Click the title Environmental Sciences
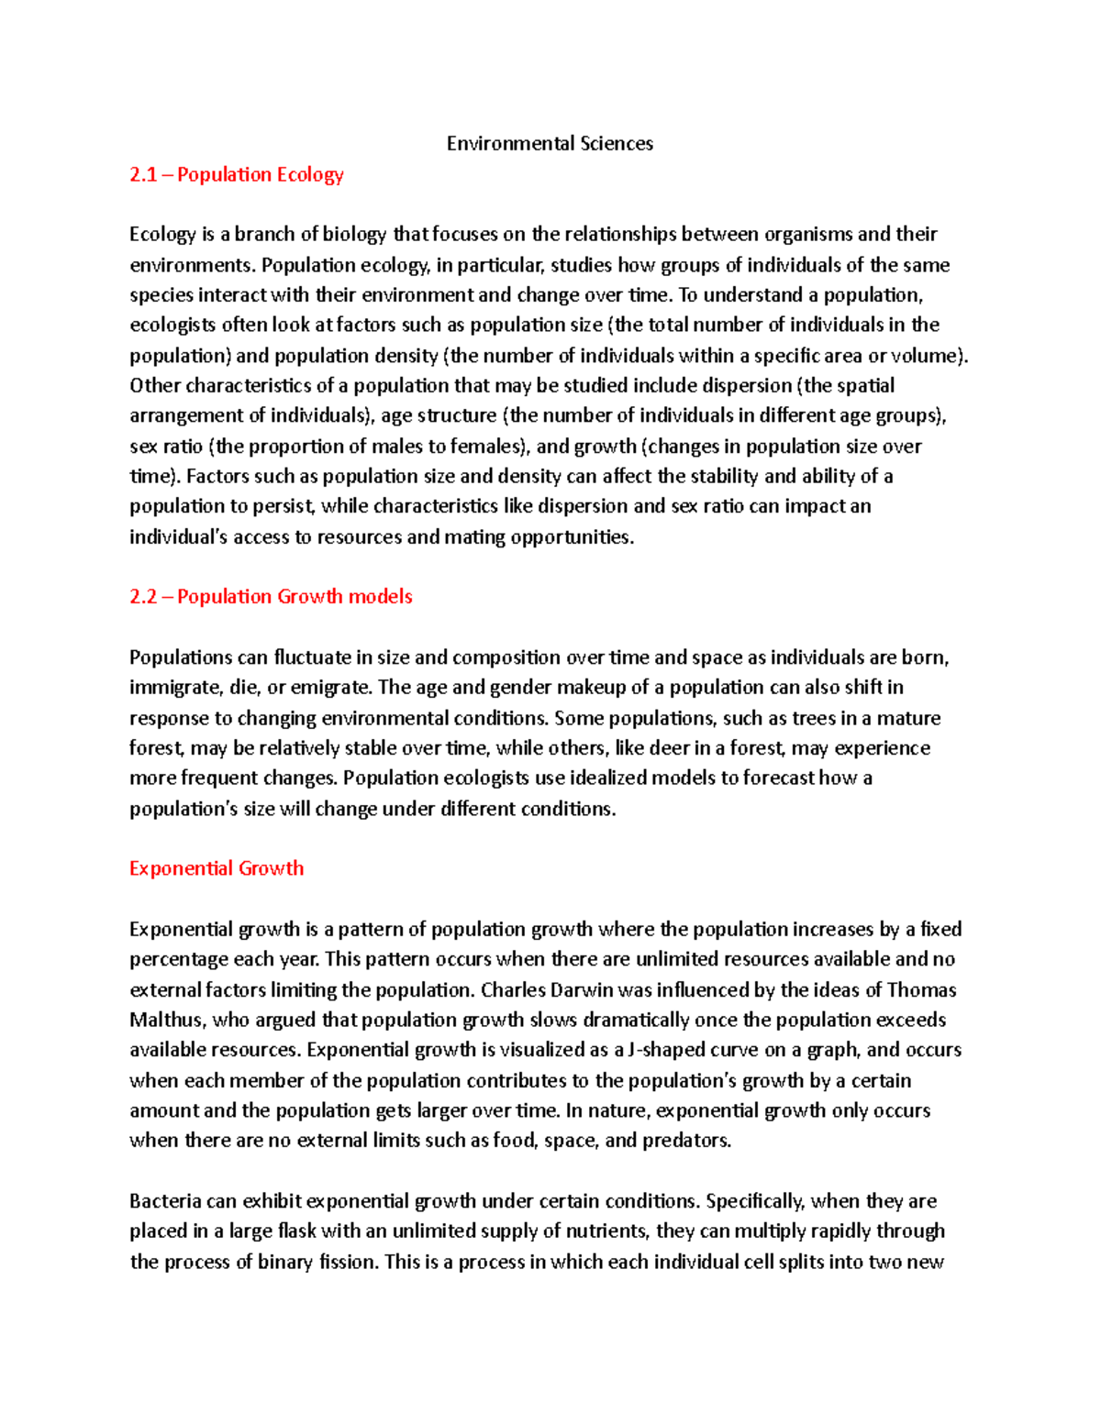(550, 143)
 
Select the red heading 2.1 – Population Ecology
(236, 174)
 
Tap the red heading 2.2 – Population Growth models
(271, 596)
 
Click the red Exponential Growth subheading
(217, 868)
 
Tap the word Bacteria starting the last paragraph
(165, 1201)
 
